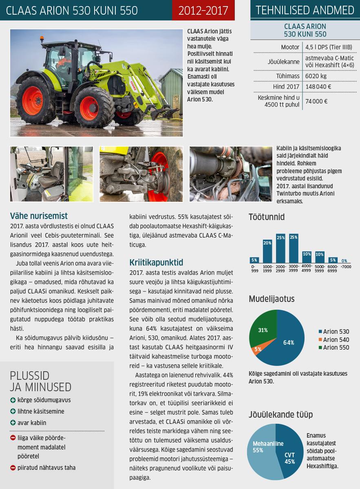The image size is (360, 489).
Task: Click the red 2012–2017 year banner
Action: [203, 10]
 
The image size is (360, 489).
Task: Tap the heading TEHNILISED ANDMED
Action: [305, 10]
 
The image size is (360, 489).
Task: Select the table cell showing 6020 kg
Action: [316, 76]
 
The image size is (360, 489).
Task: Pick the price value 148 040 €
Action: [318, 87]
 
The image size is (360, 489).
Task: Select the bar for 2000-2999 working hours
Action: [280, 249]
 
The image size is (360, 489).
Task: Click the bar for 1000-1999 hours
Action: [267, 251]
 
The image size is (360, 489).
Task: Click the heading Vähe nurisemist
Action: [39, 216]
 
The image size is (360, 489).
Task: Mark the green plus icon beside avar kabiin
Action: [13, 423]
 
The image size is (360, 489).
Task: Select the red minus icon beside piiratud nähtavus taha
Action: [13, 468]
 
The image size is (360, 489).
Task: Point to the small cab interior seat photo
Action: [51, 174]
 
